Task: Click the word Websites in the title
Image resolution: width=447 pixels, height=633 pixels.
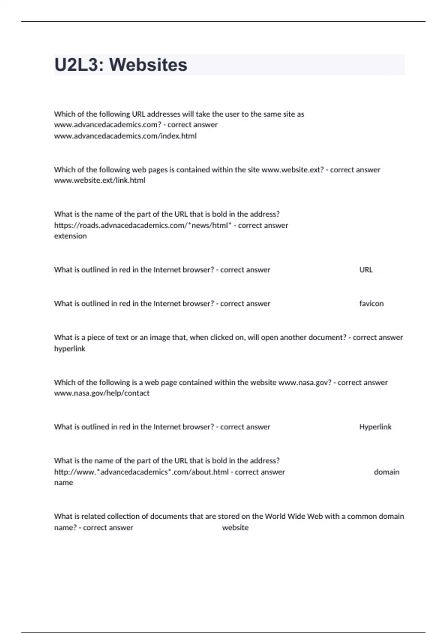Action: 148,65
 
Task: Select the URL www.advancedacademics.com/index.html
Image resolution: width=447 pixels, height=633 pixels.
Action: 125,136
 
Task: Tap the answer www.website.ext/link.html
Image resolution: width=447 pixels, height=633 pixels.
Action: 99,180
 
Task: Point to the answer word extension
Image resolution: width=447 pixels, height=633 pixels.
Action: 70,236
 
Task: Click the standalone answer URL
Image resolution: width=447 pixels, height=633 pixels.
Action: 366,270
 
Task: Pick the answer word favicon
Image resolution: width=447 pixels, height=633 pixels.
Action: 371,303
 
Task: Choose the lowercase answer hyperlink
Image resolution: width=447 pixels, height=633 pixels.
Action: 70,349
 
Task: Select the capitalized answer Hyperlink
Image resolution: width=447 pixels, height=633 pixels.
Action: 375,427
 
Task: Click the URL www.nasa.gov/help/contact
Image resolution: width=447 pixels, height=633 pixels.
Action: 102,393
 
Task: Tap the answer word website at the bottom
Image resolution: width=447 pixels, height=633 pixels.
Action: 235,527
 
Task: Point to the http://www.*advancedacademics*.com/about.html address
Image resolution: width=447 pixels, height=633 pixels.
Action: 141,472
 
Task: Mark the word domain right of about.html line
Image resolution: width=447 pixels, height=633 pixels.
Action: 386,472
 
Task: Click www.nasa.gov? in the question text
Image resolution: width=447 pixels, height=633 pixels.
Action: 305,382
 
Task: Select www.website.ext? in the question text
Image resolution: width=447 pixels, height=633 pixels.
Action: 293,170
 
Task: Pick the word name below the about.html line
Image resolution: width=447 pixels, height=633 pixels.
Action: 63,483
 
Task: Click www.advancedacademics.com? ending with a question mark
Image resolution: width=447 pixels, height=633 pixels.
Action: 108,125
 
